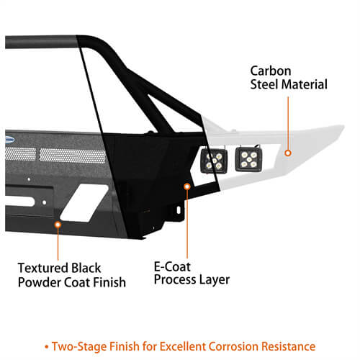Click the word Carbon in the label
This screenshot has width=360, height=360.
click(x=271, y=71)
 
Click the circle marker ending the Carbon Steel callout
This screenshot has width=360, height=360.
click(x=287, y=153)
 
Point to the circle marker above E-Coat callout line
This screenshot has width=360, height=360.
click(x=187, y=187)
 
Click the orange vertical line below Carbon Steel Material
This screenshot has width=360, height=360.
click(x=287, y=122)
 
